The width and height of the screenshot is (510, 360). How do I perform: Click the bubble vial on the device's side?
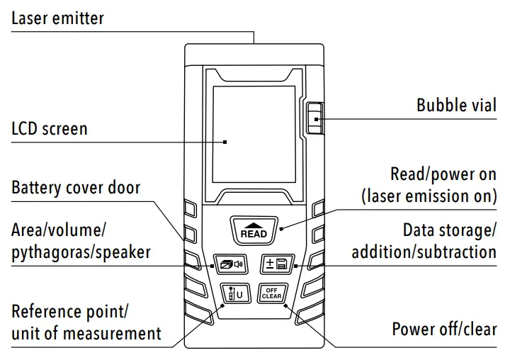click(314, 118)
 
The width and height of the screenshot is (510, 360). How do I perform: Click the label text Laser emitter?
click(57, 18)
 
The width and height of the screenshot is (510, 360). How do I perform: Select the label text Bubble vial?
click(456, 106)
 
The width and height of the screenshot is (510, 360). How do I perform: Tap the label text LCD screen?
click(50, 129)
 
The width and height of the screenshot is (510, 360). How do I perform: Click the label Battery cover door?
click(76, 188)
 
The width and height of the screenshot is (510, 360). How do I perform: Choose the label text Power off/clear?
click(444, 330)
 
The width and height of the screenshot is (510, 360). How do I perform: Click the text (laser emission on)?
click(429, 196)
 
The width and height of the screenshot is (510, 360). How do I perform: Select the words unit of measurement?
click(86, 332)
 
